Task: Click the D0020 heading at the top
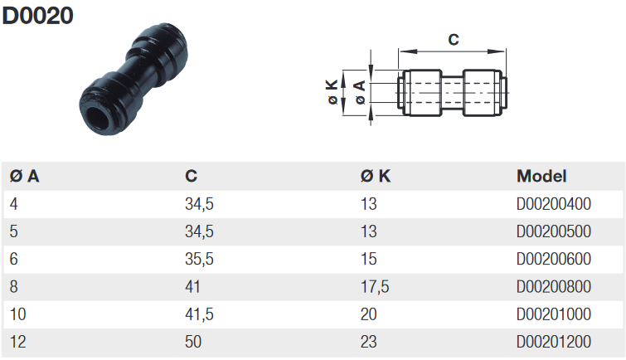[x=37, y=16]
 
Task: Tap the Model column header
[x=541, y=176]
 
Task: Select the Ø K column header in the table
[x=376, y=176]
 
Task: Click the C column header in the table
[x=191, y=176]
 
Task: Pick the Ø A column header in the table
[x=24, y=176]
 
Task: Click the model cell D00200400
[x=553, y=204]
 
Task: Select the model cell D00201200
[x=553, y=342]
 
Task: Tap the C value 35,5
[x=199, y=260]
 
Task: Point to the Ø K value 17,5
[x=375, y=287]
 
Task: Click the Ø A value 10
[x=18, y=314]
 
